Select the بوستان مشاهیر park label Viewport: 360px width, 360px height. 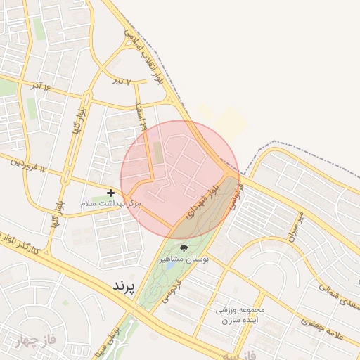point(185,259)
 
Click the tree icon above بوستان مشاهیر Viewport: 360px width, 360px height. point(184,248)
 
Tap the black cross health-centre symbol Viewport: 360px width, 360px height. point(110,192)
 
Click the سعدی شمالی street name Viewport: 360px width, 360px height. point(337,295)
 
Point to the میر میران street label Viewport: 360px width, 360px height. point(295,225)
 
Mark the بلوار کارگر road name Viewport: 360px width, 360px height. point(28,243)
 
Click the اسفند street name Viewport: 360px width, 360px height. point(141,116)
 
